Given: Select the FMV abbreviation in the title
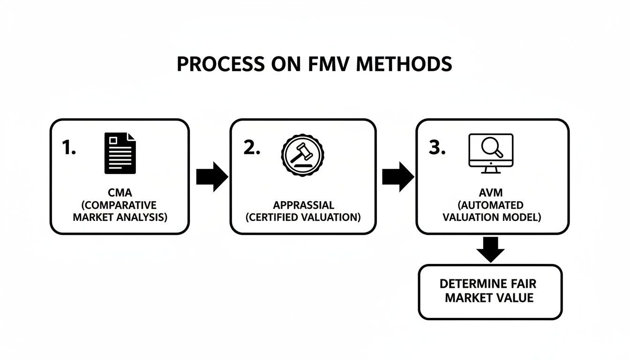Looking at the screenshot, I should click(331, 64).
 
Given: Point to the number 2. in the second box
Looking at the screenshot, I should click(252, 148).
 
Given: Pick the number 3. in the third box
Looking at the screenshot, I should click(437, 148).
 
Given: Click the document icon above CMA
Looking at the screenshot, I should click(120, 153).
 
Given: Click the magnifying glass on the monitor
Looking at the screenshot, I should click(492, 147).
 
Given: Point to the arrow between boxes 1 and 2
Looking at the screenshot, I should click(211, 177).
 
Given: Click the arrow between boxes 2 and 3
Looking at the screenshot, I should click(397, 177).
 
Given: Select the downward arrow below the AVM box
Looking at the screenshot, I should click(490, 249).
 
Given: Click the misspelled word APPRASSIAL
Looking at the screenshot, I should click(303, 205).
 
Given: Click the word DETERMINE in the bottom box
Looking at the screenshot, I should click(473, 284).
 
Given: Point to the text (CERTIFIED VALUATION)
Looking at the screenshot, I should click(303, 217).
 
